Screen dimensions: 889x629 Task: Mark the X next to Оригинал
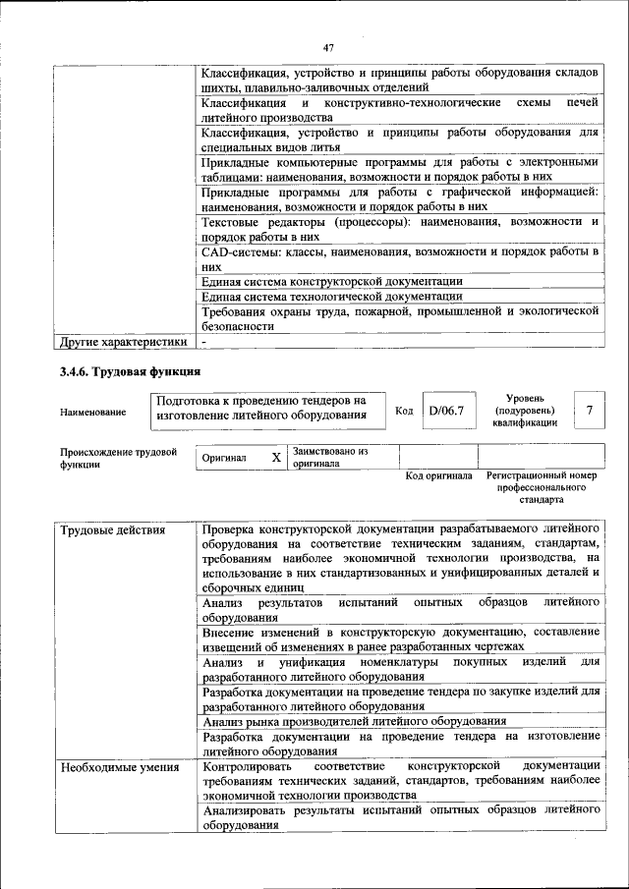(276, 458)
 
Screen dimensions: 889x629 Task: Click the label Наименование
(92, 412)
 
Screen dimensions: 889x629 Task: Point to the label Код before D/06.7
(403, 410)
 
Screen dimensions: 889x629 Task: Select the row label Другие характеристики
(123, 342)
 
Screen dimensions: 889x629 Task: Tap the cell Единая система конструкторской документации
(331, 281)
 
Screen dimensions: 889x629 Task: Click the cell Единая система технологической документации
(331, 296)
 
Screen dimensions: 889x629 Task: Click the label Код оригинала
(438, 475)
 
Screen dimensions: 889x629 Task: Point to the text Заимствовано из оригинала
(329, 458)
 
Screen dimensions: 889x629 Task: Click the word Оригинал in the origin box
(224, 459)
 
